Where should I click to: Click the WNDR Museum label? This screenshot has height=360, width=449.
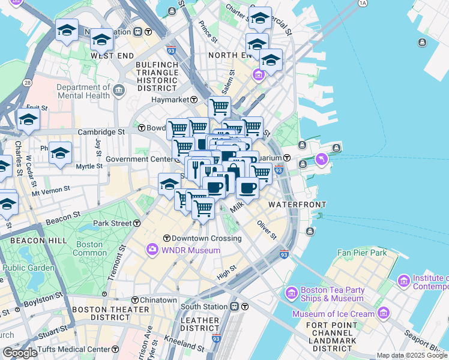186,250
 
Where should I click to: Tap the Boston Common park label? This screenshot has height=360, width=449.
89,248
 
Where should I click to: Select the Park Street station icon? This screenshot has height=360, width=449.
137,223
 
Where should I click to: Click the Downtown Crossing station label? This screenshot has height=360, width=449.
206,238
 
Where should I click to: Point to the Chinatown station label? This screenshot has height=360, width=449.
158,300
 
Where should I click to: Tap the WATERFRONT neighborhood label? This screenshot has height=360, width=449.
292,205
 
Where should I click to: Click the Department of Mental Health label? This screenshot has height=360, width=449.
83,91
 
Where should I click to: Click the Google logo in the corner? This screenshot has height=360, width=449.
20,353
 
